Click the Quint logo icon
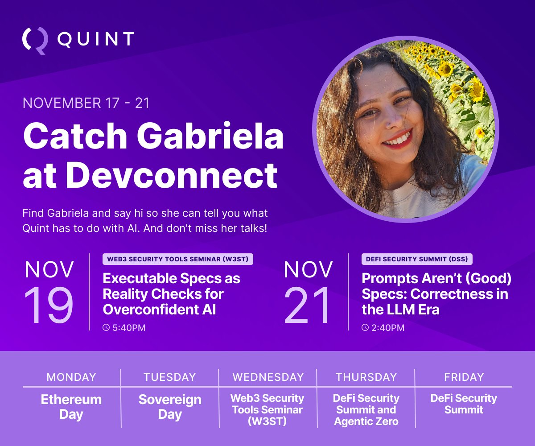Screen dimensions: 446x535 (x=35, y=41)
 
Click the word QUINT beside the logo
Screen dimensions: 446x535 (x=95, y=39)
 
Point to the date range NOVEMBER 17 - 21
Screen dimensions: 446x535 (x=86, y=103)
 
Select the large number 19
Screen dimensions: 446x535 (x=49, y=306)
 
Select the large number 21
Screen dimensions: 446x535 (x=308, y=306)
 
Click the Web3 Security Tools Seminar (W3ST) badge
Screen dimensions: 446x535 (x=178, y=259)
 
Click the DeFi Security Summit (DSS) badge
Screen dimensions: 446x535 (x=417, y=259)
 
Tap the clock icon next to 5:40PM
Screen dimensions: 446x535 (x=106, y=328)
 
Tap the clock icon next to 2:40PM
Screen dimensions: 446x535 (x=365, y=328)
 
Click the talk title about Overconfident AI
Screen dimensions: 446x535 (x=171, y=294)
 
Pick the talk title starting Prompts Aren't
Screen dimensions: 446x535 (x=436, y=294)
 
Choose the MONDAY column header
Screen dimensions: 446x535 (x=71, y=377)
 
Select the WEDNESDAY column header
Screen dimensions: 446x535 (x=267, y=377)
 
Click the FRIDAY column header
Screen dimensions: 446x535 (x=464, y=377)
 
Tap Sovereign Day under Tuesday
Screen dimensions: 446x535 (x=170, y=406)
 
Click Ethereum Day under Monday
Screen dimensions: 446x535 (x=71, y=406)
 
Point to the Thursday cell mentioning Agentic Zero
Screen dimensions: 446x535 (x=366, y=409)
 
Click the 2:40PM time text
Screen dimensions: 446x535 (x=388, y=328)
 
